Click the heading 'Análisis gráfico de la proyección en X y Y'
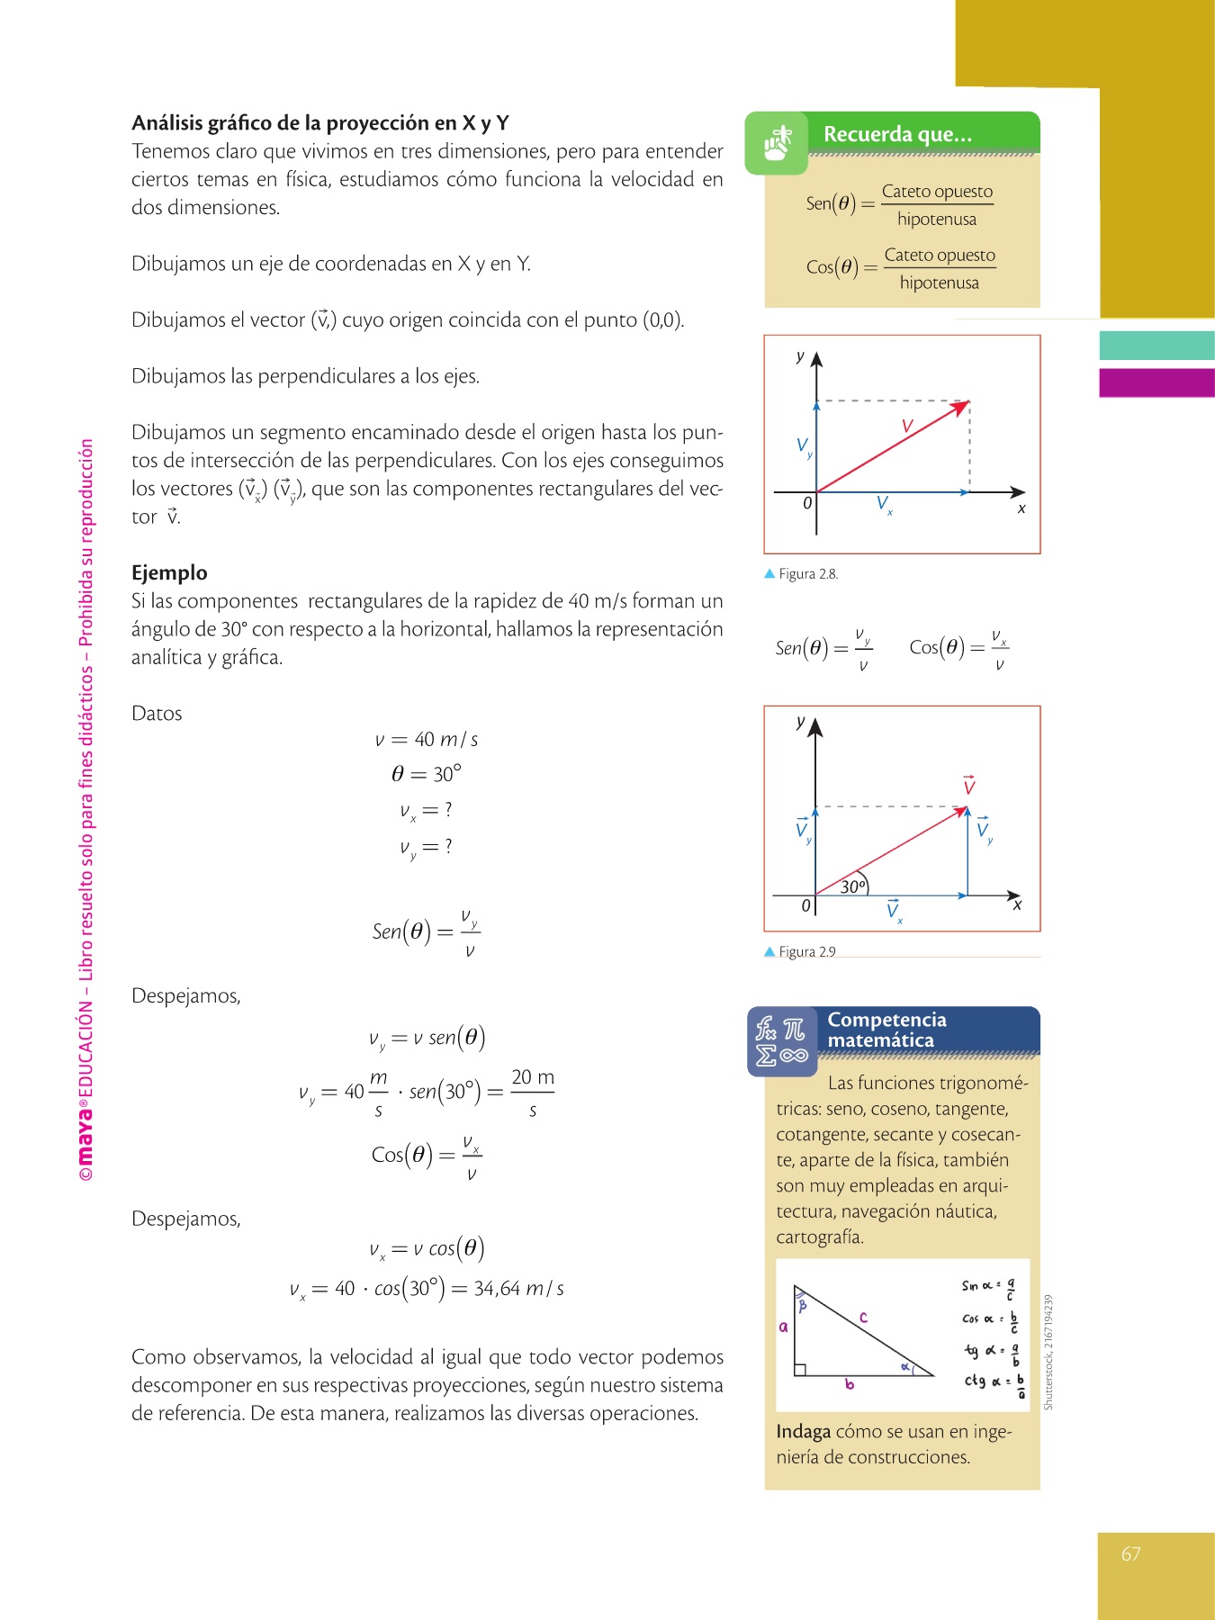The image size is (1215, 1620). click(320, 123)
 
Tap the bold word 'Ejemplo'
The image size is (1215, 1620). click(169, 572)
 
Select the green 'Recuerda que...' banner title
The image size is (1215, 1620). click(897, 134)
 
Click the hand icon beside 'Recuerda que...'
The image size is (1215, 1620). click(777, 143)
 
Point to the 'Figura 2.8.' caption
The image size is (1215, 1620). click(807, 574)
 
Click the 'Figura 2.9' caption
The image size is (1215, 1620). click(806, 951)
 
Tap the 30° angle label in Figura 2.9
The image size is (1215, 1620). click(852, 886)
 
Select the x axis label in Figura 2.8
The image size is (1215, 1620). click(1021, 508)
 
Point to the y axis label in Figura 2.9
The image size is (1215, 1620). click(800, 722)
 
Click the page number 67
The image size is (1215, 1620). click(1130, 1554)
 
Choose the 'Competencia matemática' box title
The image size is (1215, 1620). click(886, 1030)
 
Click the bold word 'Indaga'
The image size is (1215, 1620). click(803, 1431)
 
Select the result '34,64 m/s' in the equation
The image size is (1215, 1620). click(518, 1289)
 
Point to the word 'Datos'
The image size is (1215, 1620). click(157, 714)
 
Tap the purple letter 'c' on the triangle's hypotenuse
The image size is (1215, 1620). click(863, 1318)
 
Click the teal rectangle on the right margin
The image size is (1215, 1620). click(1156, 346)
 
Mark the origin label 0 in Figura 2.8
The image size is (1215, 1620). click(807, 503)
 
